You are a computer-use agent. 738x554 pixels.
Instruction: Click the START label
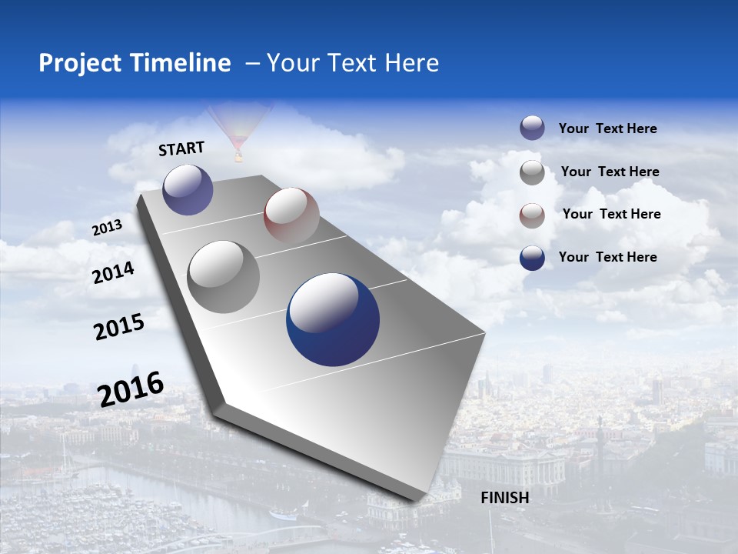pyautogui.click(x=181, y=149)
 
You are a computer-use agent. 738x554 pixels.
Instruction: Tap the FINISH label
pyautogui.click(x=505, y=498)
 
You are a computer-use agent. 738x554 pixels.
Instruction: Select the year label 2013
pyautogui.click(x=107, y=228)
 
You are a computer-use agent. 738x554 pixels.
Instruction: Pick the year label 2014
pyautogui.click(x=114, y=273)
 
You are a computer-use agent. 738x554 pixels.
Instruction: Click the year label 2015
pyautogui.click(x=119, y=327)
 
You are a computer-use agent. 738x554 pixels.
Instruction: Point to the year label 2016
pyautogui.click(x=131, y=389)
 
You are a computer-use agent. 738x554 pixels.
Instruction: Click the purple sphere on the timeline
pyautogui.click(x=188, y=189)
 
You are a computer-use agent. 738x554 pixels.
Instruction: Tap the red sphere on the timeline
pyautogui.click(x=291, y=215)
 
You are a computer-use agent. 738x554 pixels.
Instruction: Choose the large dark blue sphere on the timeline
pyautogui.click(x=333, y=320)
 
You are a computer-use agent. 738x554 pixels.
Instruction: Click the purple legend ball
pyautogui.click(x=532, y=128)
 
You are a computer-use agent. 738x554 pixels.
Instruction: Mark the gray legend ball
pyautogui.click(x=532, y=172)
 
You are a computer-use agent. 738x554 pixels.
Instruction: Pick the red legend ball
pyautogui.click(x=532, y=215)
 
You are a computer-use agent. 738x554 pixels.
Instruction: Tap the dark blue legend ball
pyautogui.click(x=532, y=258)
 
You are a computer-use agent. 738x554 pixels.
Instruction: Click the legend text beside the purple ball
pyautogui.click(x=607, y=128)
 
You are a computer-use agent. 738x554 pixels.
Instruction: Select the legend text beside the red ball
pyautogui.click(x=611, y=214)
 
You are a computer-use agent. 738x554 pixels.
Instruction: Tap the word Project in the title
pyautogui.click(x=80, y=63)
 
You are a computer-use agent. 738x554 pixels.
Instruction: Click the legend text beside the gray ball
pyautogui.click(x=610, y=172)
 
